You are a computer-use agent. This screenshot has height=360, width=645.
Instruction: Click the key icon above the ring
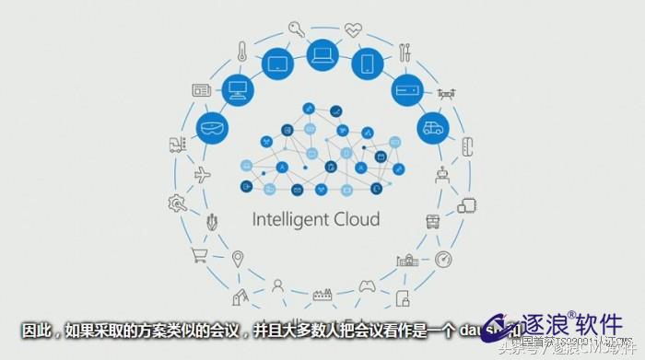tap(297, 29)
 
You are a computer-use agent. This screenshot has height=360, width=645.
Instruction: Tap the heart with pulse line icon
tap(354, 29)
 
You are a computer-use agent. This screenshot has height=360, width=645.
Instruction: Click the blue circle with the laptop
tap(322, 55)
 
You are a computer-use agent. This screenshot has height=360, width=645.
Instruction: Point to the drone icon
tap(448, 93)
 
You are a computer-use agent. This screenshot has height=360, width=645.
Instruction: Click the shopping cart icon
tap(198, 254)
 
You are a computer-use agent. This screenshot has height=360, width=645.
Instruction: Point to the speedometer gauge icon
tap(443, 259)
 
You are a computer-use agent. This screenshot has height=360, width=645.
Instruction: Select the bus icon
tap(432, 222)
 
